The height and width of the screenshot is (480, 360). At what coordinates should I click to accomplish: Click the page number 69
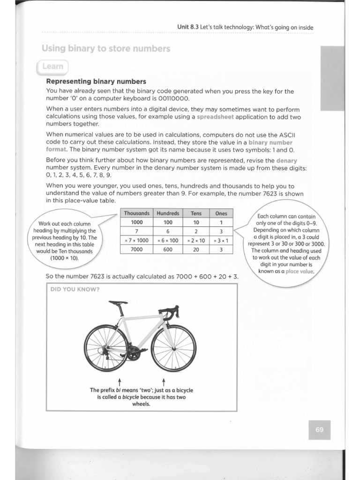pos(320,430)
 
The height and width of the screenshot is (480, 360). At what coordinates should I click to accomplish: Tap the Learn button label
pos(52,67)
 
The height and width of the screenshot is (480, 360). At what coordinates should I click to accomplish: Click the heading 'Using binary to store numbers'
pos(106,48)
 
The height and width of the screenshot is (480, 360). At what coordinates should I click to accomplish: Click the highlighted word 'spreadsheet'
pos(216,117)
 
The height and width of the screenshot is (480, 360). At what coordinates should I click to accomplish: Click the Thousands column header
pos(136,213)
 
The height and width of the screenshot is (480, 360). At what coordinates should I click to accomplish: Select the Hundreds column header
pos(168,213)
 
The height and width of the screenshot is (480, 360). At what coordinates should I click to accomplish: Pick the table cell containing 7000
pos(136,249)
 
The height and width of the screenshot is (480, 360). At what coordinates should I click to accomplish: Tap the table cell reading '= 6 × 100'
pos(168,240)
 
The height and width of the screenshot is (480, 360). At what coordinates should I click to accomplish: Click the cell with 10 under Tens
pos(196,222)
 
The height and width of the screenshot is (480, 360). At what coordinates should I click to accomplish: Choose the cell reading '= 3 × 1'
pos(220,240)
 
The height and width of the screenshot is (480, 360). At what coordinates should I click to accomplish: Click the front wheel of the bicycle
pos(173,348)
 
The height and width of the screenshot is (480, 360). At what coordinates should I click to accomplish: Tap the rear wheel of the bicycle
pos(105,348)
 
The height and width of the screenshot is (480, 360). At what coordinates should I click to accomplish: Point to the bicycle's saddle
pos(118,302)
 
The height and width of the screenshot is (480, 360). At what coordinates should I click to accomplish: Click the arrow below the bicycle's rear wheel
pos(120,380)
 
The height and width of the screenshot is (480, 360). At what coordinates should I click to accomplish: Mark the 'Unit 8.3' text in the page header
pos(188,27)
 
